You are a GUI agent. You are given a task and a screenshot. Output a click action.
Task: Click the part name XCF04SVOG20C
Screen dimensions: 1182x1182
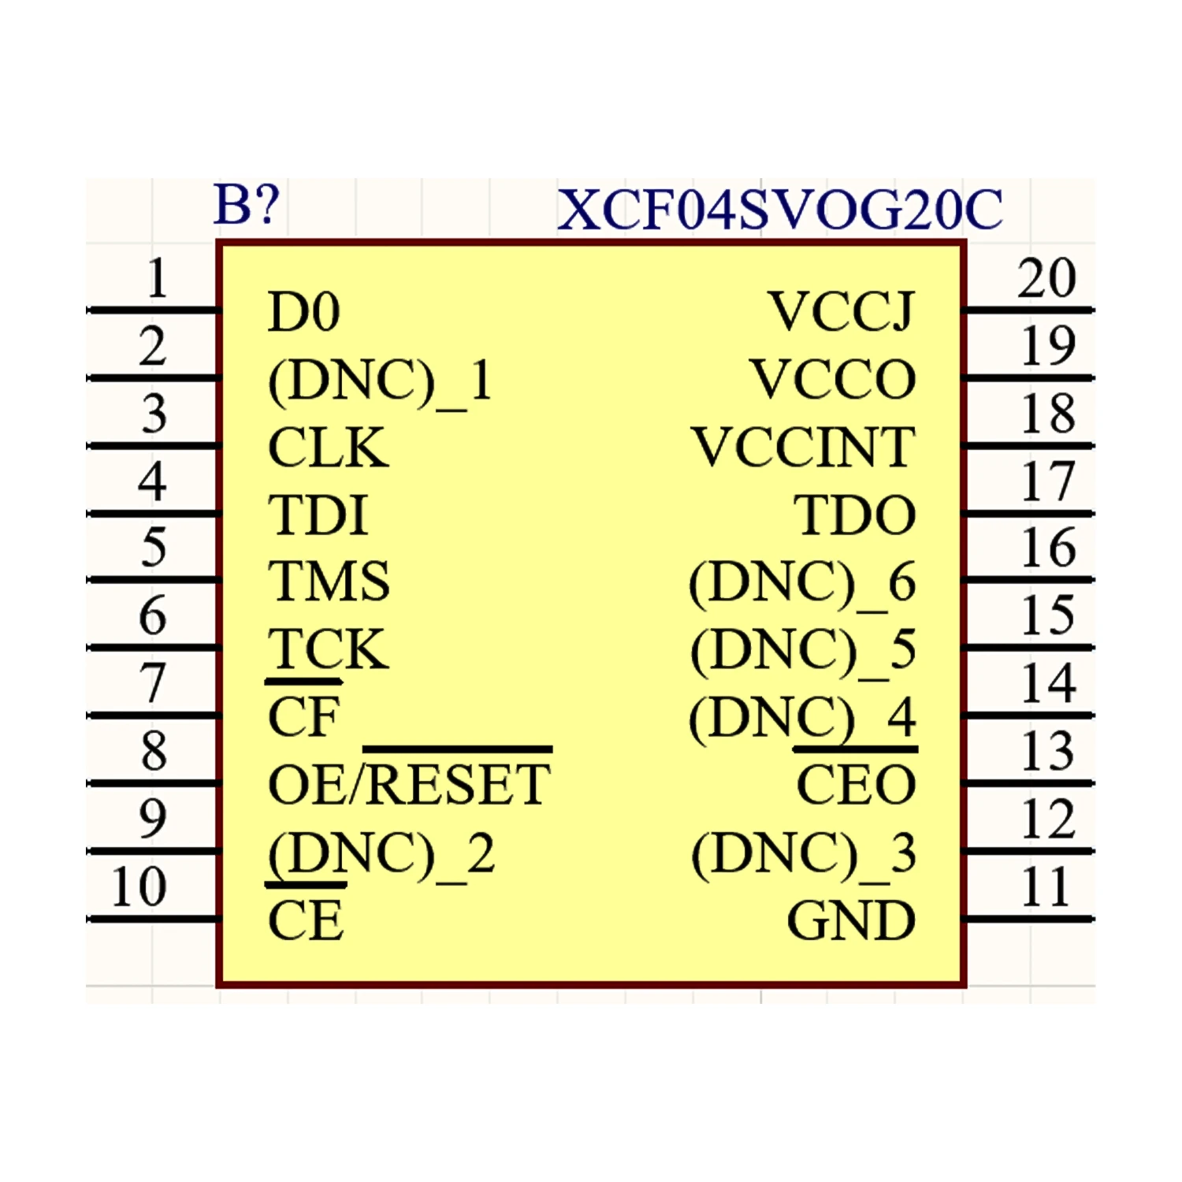tap(779, 210)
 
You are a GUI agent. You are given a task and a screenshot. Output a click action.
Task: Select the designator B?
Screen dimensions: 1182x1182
tap(247, 205)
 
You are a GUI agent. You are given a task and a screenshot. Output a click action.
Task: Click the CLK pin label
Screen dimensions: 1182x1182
tap(328, 448)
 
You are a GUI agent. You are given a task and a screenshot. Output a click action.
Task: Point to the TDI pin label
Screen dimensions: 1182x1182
tap(318, 515)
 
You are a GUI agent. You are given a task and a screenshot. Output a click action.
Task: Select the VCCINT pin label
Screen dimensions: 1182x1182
tap(804, 448)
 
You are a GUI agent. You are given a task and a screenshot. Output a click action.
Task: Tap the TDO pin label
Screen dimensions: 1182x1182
tap(855, 515)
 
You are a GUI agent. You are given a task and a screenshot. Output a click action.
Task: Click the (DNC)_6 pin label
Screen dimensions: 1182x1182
tap(802, 583)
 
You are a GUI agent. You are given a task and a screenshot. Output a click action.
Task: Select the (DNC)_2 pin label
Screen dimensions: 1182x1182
tap(381, 854)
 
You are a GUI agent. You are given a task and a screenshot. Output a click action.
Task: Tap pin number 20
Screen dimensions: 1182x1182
tap(1046, 278)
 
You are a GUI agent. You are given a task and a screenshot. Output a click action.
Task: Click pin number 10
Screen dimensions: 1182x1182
tap(139, 887)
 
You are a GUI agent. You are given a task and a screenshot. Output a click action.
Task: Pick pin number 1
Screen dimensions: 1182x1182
tap(158, 278)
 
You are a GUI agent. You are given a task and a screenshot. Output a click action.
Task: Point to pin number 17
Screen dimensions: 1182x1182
tap(1048, 481)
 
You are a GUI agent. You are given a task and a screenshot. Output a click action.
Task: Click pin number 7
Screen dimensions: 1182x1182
tap(153, 683)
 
